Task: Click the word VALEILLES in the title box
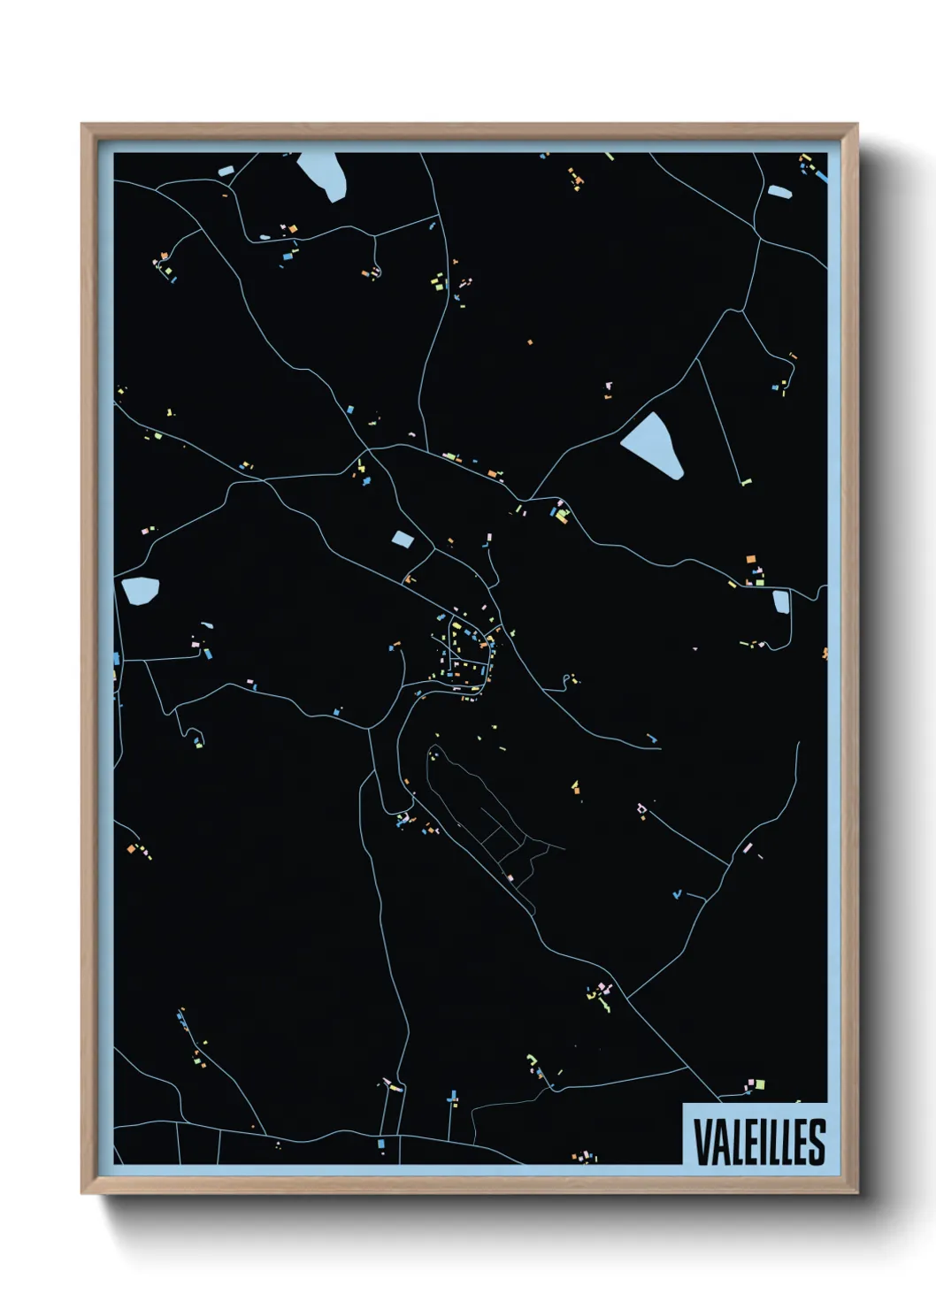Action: click(759, 1141)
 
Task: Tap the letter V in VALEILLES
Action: click(703, 1142)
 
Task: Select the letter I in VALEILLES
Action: click(761, 1142)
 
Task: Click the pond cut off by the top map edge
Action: click(322, 174)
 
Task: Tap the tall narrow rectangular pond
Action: click(781, 601)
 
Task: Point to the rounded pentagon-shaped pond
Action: click(140, 590)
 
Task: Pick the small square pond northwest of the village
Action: click(403, 539)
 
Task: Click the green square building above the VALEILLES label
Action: click(759, 1084)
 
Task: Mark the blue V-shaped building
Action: click(677, 895)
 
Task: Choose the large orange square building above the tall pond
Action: click(751, 559)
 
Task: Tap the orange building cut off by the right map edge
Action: click(825, 654)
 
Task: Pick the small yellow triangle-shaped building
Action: click(576, 785)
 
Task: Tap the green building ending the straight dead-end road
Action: click(746, 483)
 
